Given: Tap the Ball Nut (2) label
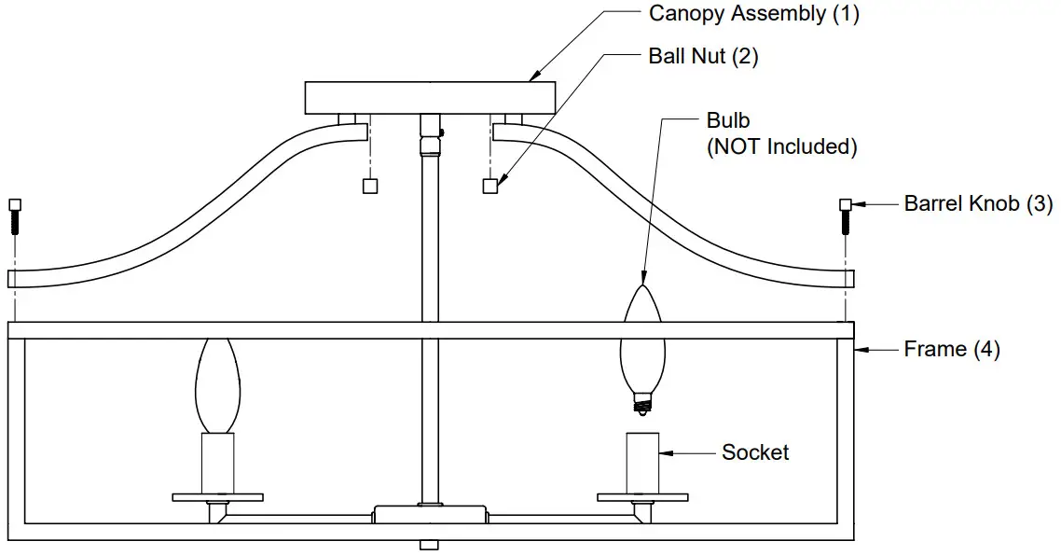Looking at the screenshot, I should (703, 56).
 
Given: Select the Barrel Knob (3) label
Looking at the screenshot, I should (978, 203).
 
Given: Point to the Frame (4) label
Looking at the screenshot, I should (952, 350).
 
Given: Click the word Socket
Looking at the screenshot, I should (755, 452).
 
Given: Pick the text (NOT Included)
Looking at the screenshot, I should (781, 146).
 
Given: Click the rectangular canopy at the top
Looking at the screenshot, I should (430, 97).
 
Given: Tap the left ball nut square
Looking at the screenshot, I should (369, 186).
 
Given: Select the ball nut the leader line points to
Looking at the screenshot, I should (490, 186).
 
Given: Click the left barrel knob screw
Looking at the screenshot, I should (14, 216).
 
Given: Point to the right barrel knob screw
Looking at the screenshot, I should (845, 216).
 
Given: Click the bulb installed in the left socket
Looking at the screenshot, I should (217, 385).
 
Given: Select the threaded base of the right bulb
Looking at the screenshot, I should (641, 403).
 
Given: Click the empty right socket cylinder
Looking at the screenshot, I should (642, 463).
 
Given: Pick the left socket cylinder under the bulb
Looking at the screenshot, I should (217, 464).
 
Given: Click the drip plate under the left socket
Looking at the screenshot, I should (217, 497).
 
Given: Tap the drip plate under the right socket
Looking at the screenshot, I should (642, 497).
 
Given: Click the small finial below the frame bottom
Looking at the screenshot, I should (429, 545).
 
